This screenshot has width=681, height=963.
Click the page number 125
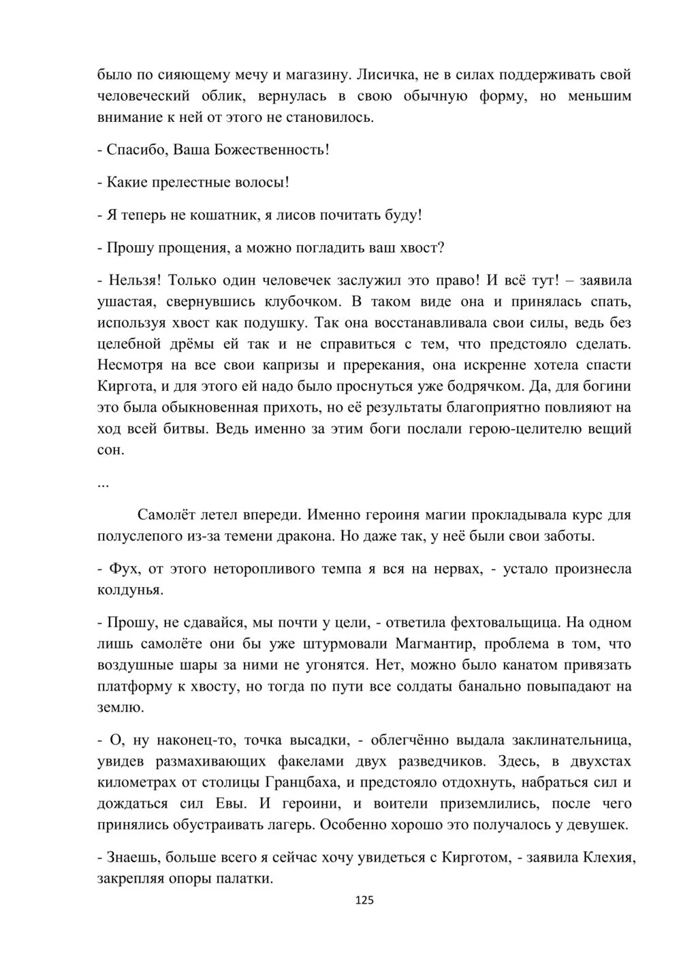[365, 900]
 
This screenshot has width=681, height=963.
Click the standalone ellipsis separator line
[104, 484]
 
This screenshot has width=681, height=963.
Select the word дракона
[291, 535]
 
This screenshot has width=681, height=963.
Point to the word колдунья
[129, 590]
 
